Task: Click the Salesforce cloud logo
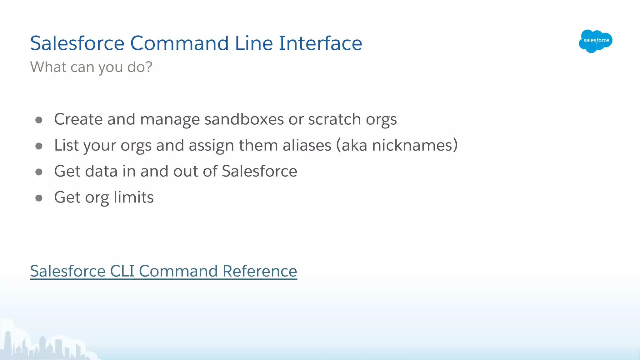(x=595, y=41)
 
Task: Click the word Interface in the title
(x=320, y=43)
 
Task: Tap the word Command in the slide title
(x=179, y=43)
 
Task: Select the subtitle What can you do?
(x=91, y=67)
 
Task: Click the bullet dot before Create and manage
(x=39, y=120)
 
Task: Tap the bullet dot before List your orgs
(x=39, y=146)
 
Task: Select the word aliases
(x=307, y=145)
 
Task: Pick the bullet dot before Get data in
(x=39, y=172)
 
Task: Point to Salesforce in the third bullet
(x=259, y=171)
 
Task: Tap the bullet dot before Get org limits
(x=39, y=198)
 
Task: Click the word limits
(x=133, y=197)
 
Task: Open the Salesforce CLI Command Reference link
(x=163, y=271)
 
